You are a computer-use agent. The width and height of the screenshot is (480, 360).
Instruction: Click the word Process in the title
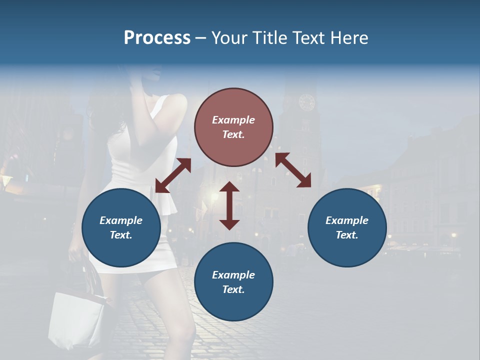pos(157,38)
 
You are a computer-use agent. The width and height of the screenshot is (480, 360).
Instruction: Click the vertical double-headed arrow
pos(229,205)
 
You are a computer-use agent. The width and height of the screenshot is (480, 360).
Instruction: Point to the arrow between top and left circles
pos(173,175)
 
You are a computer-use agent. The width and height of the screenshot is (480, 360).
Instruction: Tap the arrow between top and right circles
pos(293,170)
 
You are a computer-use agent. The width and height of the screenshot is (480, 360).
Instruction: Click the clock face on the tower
pos(306,102)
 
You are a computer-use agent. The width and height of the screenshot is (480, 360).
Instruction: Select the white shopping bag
pos(77,320)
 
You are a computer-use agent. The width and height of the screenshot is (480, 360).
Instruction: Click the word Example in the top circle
pos(233,120)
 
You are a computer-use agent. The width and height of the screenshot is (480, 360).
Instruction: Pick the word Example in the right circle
pos(347,220)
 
